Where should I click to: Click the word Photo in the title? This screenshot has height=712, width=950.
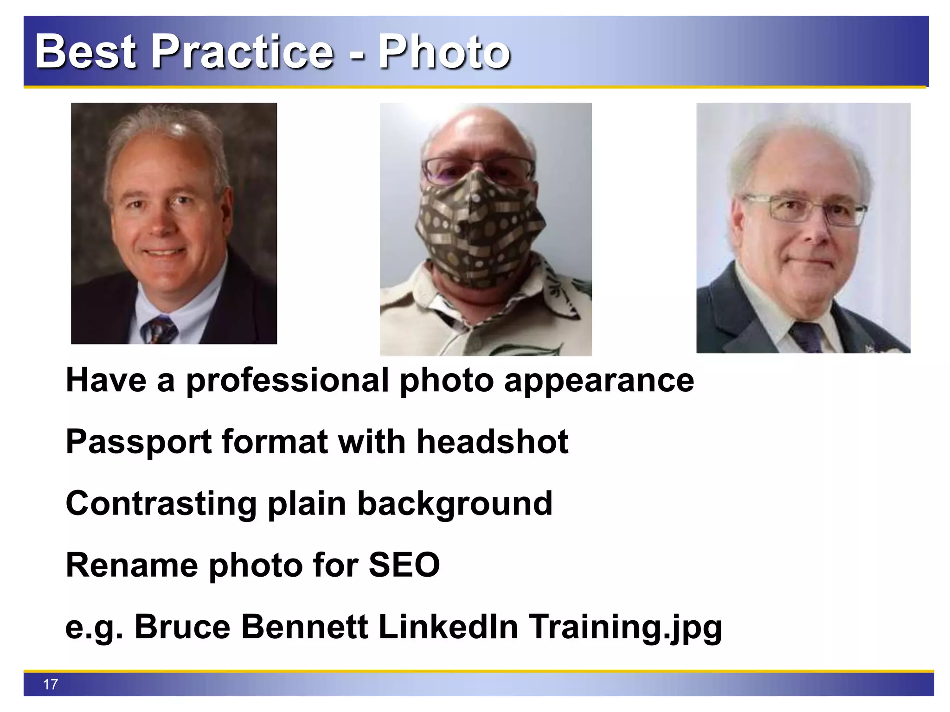pyautogui.click(x=444, y=52)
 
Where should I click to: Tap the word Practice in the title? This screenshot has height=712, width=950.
pyautogui.click(x=242, y=52)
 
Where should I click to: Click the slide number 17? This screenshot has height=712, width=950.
pyautogui.click(x=51, y=684)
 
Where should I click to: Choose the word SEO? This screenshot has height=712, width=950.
pyautogui.click(x=404, y=565)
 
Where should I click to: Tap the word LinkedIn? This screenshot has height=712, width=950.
pyautogui.click(x=448, y=627)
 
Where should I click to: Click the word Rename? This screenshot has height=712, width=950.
pyautogui.click(x=132, y=565)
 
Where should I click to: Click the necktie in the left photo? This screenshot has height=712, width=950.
pyautogui.click(x=160, y=330)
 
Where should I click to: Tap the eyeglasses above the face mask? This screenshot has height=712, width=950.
pyautogui.click(x=478, y=167)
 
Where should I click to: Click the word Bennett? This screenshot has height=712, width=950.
pyautogui.click(x=304, y=627)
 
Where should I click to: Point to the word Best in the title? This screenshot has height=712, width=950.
pyautogui.click(x=85, y=52)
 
